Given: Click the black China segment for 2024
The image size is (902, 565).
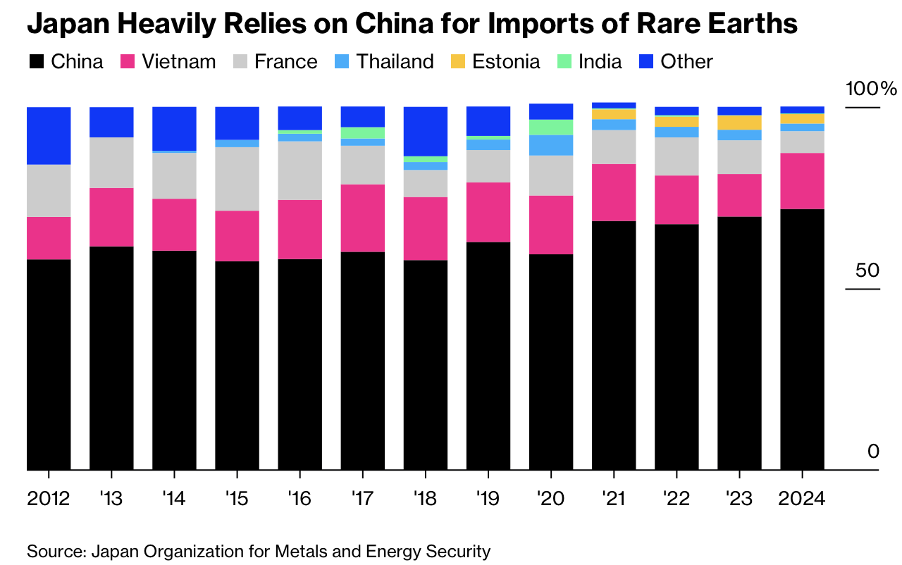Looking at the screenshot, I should click(x=802, y=339).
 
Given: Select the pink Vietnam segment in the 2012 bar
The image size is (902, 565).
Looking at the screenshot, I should click(x=49, y=238).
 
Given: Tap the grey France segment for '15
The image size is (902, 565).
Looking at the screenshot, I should click(x=237, y=179).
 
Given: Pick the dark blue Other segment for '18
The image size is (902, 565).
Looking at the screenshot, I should click(x=425, y=131).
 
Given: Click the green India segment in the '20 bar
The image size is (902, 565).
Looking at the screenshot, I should click(x=550, y=127).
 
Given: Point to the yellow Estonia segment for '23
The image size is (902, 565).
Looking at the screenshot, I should click(x=739, y=122).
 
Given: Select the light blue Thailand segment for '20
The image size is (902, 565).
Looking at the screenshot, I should click(x=550, y=145).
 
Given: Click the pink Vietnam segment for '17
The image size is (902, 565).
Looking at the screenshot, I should click(x=362, y=218).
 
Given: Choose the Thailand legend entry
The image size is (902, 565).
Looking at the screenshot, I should click(x=385, y=61).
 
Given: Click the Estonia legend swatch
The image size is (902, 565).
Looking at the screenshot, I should click(x=459, y=62).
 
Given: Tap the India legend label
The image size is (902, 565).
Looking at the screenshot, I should click(x=600, y=61).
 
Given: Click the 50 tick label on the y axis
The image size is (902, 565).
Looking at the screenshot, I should click(x=868, y=271).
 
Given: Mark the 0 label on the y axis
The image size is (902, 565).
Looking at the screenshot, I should click(x=874, y=451).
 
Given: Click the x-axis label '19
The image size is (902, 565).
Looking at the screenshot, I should click(x=488, y=499).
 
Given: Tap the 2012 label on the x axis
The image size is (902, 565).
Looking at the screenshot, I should click(x=49, y=499).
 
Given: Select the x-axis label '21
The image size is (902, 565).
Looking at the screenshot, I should click(x=613, y=499).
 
